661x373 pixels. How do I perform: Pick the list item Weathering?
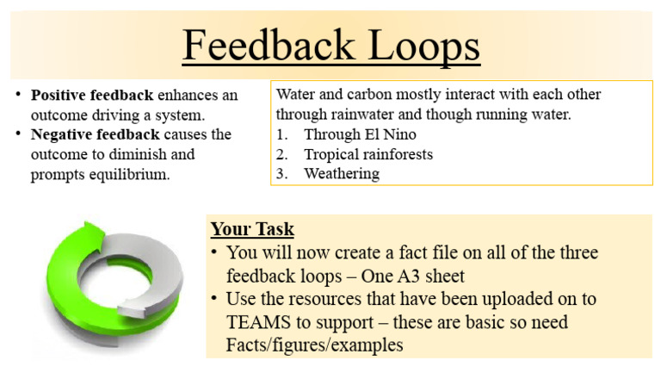tap(341, 174)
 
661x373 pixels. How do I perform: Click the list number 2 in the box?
tap(281, 154)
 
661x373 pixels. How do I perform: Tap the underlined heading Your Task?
tap(252, 230)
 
